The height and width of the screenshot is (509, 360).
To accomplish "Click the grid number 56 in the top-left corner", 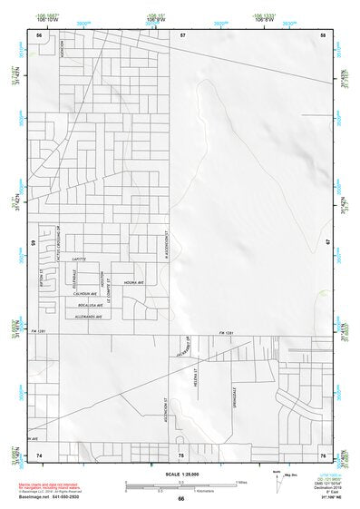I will click(x=40, y=34).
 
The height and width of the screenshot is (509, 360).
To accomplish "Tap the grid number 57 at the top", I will click(x=182, y=34).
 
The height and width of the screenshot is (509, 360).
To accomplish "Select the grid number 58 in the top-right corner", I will click(x=322, y=34).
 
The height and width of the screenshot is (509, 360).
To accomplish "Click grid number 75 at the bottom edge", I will click(x=181, y=455).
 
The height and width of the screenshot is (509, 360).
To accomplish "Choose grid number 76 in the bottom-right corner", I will click(x=322, y=455).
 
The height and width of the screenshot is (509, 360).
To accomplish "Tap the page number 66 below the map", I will click(x=180, y=498).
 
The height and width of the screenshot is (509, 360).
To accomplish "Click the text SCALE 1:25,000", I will click(x=180, y=474).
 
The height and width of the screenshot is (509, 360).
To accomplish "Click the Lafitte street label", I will click(x=79, y=259).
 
